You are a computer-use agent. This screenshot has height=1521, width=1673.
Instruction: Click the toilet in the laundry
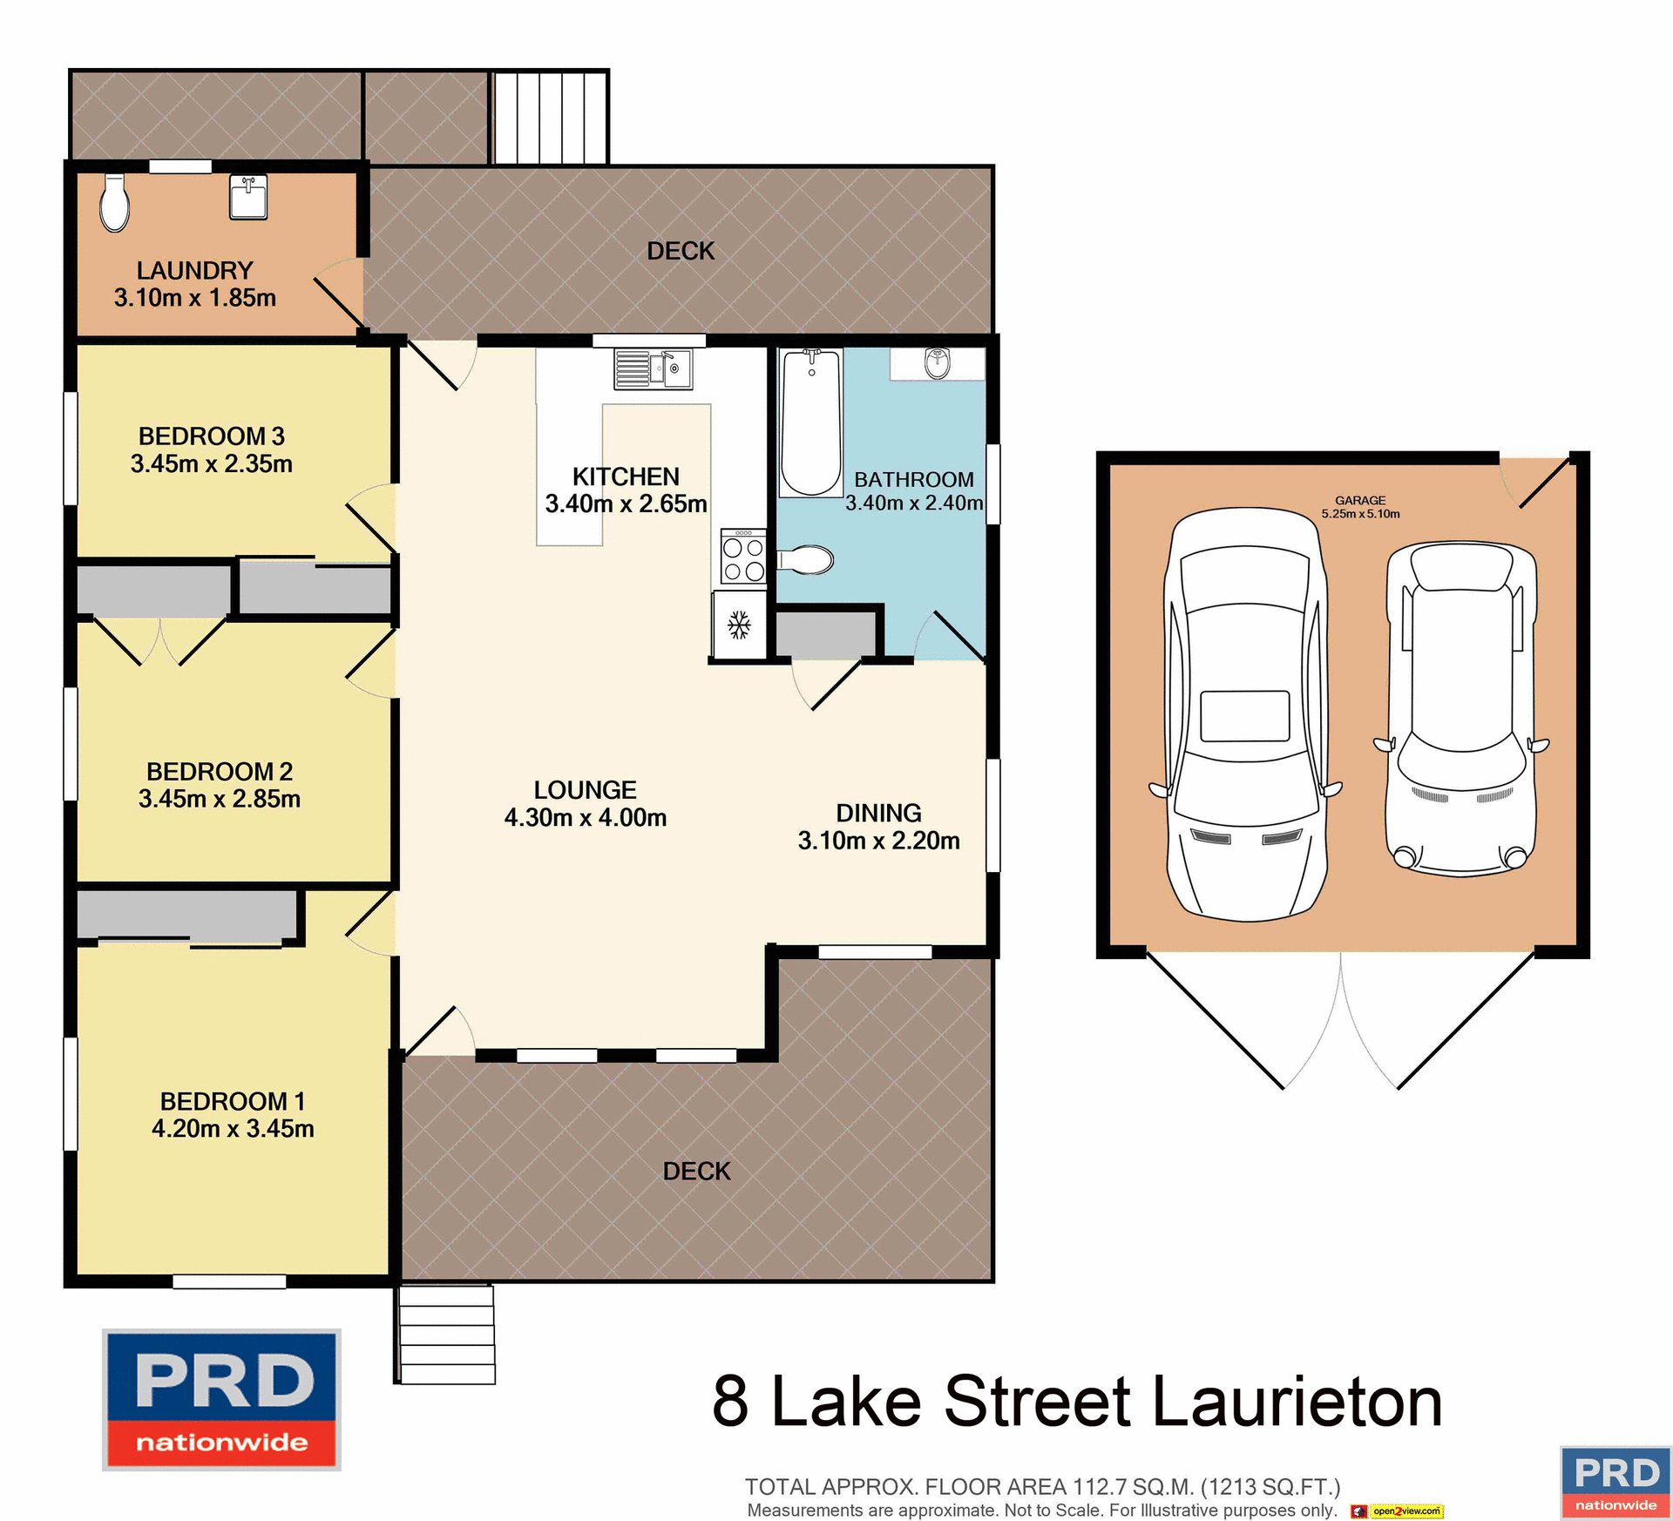coord(114,203)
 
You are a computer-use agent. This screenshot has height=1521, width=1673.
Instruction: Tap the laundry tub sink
coord(248,197)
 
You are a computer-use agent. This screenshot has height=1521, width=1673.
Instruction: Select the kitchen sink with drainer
coord(653,368)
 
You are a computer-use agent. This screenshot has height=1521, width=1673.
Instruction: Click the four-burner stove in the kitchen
coord(743,558)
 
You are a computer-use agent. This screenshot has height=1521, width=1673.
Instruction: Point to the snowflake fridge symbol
coord(739,625)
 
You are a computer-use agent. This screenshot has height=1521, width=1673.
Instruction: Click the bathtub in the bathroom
coord(810,423)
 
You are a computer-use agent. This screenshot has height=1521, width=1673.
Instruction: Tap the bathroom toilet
coord(807,560)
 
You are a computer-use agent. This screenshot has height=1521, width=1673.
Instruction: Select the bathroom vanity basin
coord(938,363)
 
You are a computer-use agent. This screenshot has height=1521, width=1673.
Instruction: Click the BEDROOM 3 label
coord(212,436)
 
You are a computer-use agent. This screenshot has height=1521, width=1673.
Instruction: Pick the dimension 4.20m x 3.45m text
coord(233,1128)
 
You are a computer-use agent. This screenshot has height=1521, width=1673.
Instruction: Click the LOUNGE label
coord(585,790)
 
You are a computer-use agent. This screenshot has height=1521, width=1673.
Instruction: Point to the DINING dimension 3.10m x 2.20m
coord(878,840)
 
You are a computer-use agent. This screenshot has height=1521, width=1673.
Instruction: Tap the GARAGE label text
coord(1359,500)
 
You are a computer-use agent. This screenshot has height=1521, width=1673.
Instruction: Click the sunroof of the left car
coord(1244,716)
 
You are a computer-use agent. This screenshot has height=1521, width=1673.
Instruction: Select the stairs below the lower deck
coord(446,1335)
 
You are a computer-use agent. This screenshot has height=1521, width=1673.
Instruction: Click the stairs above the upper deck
coord(550,118)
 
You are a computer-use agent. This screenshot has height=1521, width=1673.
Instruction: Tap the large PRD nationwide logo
coord(221,1400)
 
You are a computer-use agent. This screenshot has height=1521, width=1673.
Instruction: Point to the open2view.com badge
coord(1405,1511)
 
